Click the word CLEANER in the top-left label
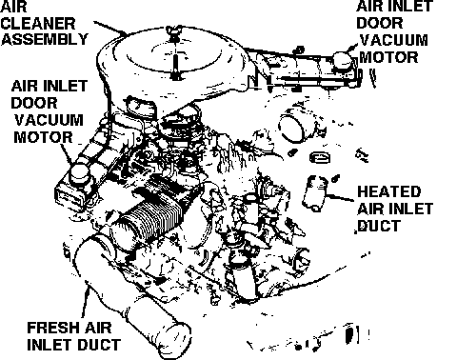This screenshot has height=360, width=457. pyautogui.click(x=38, y=24)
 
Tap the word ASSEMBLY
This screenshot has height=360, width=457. pyautogui.click(x=45, y=39)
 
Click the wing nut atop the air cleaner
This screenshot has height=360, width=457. pyautogui.click(x=173, y=32)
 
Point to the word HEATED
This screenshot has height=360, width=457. pyautogui.click(x=388, y=191)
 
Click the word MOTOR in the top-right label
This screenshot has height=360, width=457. pyautogui.click(x=388, y=57)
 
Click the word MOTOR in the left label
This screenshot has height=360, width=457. pyautogui.click(x=43, y=137)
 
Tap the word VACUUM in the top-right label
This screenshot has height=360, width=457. pyautogui.click(x=394, y=40)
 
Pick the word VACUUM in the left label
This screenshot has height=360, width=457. pyautogui.click(x=49, y=120)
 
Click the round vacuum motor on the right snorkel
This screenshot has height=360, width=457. pyautogui.click(x=343, y=60)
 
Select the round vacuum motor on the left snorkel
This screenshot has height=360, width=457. pyautogui.click(x=80, y=174)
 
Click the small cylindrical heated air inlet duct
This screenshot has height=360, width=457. pyautogui.click(x=314, y=193)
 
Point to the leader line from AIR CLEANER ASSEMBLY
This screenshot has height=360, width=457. pyautogui.click(x=110, y=28)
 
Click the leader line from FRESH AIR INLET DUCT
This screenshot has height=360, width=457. pyautogui.click(x=86, y=300)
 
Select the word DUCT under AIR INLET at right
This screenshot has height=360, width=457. pyautogui.click(x=379, y=226)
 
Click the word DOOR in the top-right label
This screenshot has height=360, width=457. pyautogui.click(x=380, y=23)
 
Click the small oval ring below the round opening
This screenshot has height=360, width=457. pyautogui.click(x=320, y=157)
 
